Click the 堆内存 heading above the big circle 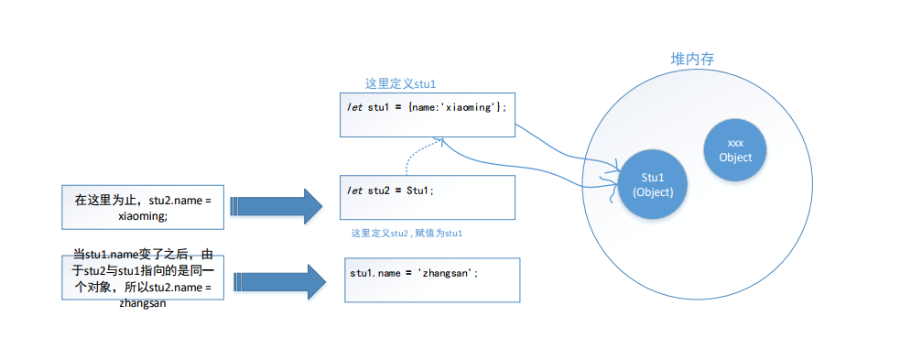693,59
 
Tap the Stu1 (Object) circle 652,184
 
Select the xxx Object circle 735,150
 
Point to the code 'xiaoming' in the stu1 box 468,108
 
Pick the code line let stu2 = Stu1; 390,191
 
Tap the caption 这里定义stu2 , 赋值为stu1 407,233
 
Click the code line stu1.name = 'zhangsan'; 410,273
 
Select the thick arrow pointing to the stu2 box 276,206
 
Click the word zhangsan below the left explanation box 143,304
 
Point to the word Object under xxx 735,157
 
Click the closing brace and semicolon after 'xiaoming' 501,108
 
